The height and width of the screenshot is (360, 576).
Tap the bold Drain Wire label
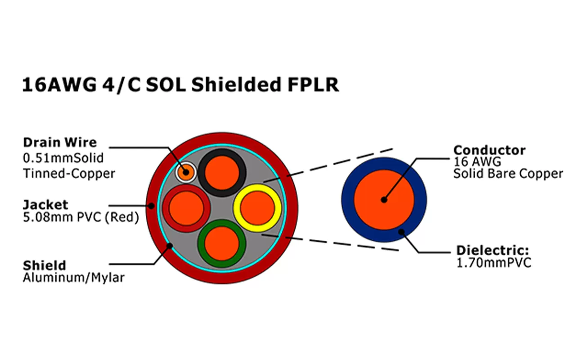59,143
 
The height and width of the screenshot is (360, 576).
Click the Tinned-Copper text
69,173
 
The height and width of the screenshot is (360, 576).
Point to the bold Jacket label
45,205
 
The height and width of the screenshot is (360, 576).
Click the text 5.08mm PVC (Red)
81,218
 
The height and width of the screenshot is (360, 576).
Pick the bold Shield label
44,265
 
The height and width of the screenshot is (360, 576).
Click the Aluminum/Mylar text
73,278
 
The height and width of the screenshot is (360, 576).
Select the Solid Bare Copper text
508,174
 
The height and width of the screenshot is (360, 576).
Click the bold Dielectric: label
492,251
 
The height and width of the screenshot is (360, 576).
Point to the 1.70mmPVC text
493,263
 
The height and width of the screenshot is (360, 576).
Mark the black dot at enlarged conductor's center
384,200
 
